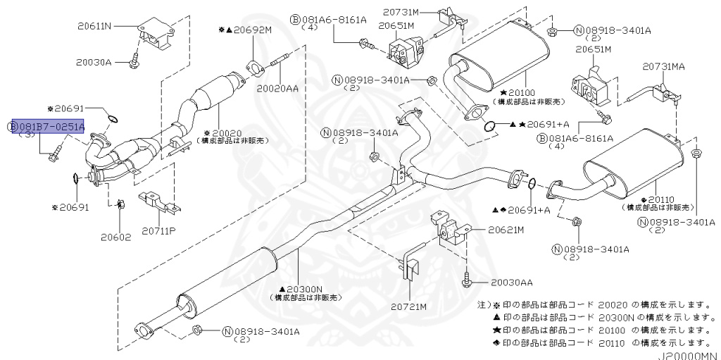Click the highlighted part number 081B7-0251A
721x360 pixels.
click(x=50, y=127)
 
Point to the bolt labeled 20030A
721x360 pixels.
click(x=134, y=63)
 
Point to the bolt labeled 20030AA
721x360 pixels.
click(x=467, y=280)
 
